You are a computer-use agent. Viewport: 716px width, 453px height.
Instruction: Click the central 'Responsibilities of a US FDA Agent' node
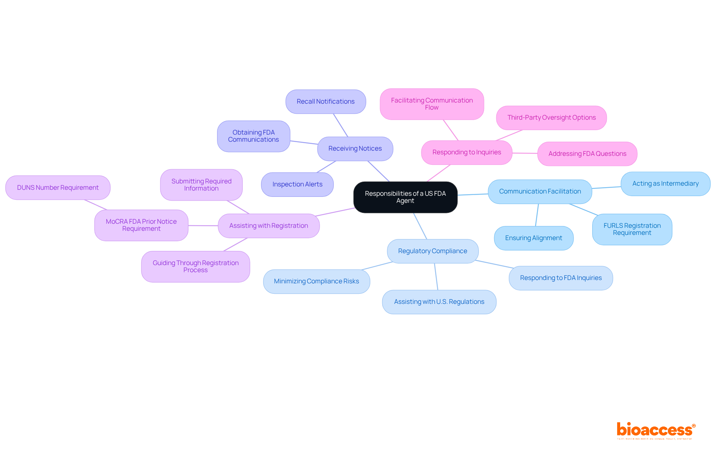[x=405, y=197]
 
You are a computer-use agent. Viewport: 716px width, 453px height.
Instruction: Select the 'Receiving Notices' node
[x=355, y=149]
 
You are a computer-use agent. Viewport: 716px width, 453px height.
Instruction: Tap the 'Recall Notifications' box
[x=326, y=101]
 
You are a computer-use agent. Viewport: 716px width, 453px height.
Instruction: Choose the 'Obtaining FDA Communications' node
[x=254, y=136]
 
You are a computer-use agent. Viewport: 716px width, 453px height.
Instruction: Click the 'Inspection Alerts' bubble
[x=297, y=185]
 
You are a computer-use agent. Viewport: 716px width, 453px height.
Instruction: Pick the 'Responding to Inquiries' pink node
[x=467, y=152]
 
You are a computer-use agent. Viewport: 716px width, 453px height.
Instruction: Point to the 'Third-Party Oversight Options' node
[x=551, y=118]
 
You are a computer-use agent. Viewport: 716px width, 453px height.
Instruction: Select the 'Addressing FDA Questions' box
[x=587, y=154]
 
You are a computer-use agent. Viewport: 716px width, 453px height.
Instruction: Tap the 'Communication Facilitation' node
[x=540, y=192]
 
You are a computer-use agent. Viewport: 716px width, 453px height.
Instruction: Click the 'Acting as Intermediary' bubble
[x=665, y=184]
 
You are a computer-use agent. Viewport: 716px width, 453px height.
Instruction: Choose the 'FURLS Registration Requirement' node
[x=632, y=229]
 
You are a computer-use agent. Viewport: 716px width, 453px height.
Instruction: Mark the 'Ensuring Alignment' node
[x=533, y=238]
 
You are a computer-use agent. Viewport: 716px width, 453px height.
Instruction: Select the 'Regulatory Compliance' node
[x=433, y=251]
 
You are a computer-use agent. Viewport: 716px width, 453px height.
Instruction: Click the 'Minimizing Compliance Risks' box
[x=316, y=281]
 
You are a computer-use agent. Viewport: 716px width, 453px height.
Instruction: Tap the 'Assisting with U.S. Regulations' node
[x=439, y=302]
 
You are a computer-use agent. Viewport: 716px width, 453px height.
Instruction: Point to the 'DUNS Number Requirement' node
[x=58, y=188]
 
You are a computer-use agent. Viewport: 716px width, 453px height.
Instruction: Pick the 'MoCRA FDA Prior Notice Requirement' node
[x=141, y=225]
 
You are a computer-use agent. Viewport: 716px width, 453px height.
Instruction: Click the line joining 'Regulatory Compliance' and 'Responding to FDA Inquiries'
[x=494, y=264]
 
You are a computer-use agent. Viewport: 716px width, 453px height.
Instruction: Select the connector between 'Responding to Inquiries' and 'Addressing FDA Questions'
[x=525, y=153]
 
